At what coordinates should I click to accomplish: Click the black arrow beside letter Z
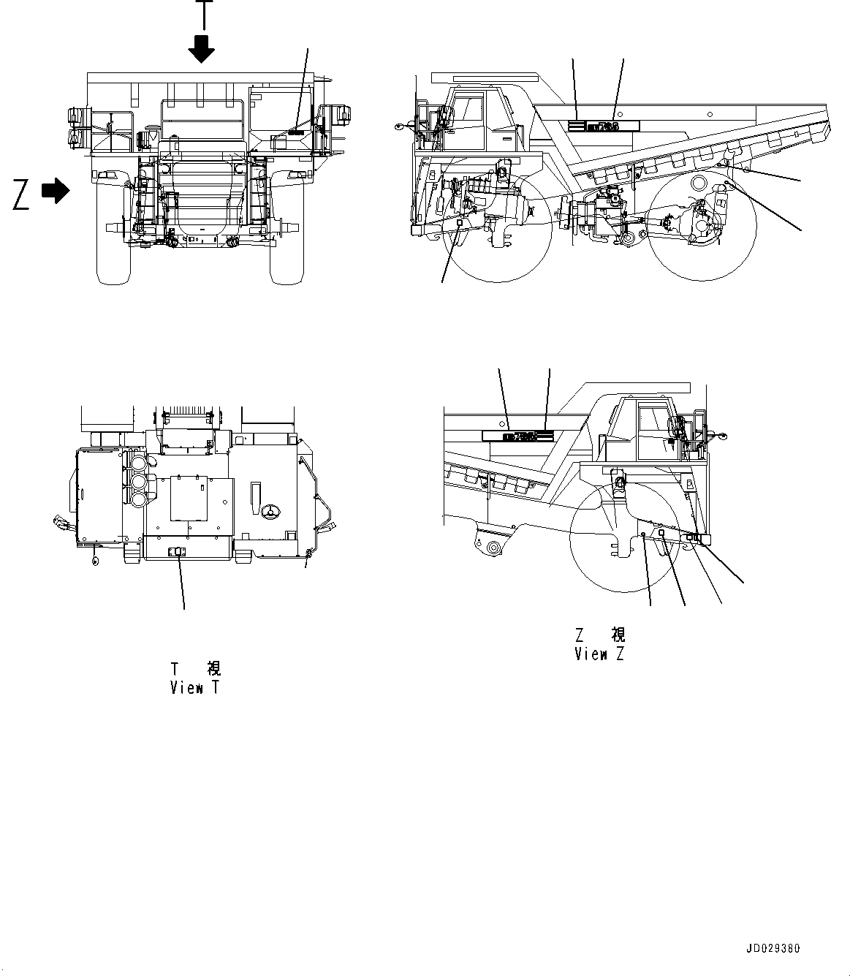pos(56,192)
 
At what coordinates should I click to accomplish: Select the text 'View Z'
pos(599,654)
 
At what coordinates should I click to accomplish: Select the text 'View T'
pos(194,687)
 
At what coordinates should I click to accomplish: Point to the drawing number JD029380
pos(773,949)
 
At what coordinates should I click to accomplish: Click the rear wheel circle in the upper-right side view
pos(702,227)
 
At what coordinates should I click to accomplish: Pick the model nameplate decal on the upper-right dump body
pos(604,126)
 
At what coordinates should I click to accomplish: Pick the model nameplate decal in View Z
pos(518,436)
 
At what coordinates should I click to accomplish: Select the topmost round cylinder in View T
pos(137,464)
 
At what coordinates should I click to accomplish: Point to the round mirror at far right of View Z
pos(723,436)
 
